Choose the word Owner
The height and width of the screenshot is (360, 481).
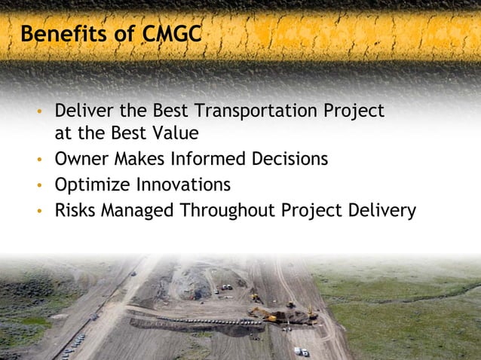(x=81, y=160)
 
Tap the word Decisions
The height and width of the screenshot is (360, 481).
(x=290, y=160)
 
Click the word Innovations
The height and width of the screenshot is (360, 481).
(x=183, y=185)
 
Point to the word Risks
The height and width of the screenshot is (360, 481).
(x=76, y=210)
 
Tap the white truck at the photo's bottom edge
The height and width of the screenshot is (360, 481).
(x=301, y=351)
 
